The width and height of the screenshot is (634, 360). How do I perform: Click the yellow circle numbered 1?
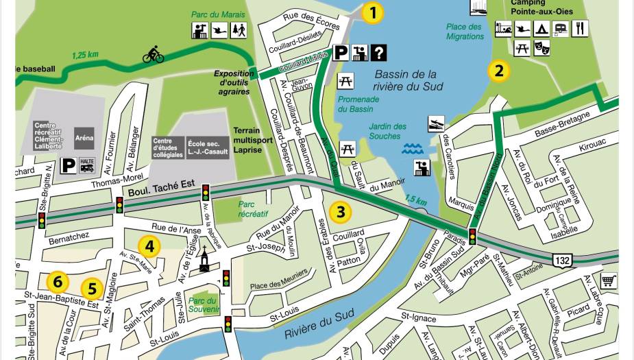point(372,13)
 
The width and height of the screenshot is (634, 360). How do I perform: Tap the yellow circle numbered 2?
point(498,71)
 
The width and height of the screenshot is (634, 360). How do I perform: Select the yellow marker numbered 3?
point(340,212)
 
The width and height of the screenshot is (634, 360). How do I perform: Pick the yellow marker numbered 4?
point(149,246)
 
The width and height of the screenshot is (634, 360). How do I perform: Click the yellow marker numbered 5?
point(93,289)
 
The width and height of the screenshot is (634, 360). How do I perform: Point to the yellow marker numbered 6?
point(58,281)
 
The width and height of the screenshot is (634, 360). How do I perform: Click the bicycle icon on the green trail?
point(153,54)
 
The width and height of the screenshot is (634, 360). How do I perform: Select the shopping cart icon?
point(608,280)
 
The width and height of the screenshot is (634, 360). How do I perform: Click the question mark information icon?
point(378,52)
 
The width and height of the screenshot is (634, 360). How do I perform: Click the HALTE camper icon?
point(87,165)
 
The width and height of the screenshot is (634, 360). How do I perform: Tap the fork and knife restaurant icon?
point(580,29)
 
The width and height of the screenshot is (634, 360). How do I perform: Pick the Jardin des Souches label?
point(387,131)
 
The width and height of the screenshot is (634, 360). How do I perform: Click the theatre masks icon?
point(541,48)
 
